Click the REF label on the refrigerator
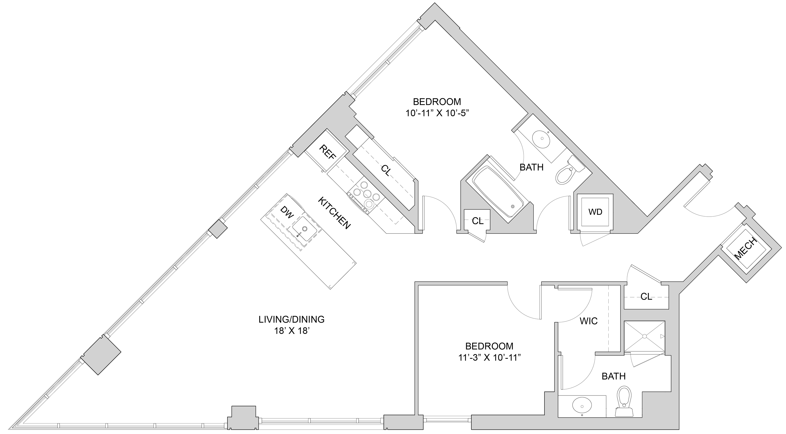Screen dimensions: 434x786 tap(327, 152)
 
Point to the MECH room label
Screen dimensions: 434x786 tap(745, 248)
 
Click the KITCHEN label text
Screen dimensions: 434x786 tap(334, 213)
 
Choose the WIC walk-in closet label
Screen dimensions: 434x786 tap(588, 321)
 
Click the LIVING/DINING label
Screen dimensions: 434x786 tap(292, 320)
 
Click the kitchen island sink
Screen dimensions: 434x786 tap(304, 228)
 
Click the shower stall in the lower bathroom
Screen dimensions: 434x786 tap(644, 336)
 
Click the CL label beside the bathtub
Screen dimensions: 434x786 tap(478, 221)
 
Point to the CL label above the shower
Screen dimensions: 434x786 tap(646, 297)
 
